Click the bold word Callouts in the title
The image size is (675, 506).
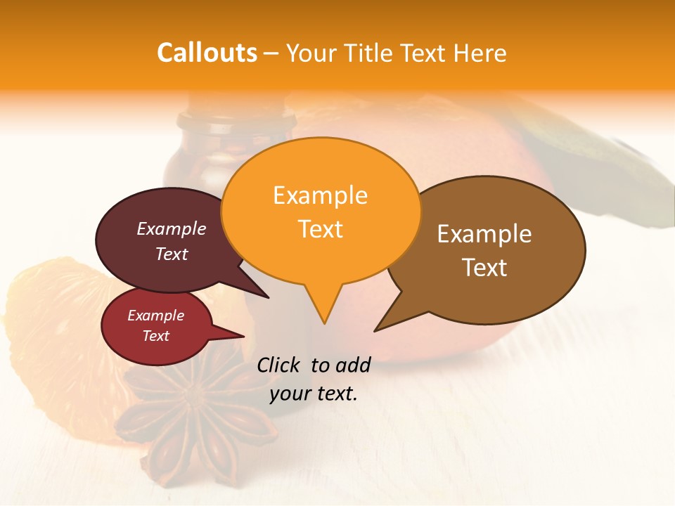click(207, 53)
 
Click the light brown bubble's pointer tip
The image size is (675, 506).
click(375, 330)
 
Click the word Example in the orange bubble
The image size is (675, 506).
click(320, 195)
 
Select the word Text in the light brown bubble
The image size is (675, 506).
click(484, 268)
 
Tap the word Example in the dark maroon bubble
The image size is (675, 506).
click(171, 228)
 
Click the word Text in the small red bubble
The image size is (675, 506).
click(156, 336)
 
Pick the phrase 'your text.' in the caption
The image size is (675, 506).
click(314, 394)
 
